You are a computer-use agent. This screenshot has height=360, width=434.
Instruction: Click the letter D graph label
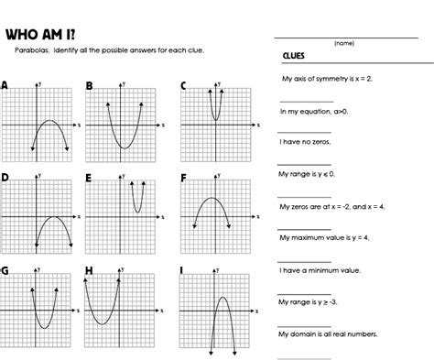click(x=5, y=176)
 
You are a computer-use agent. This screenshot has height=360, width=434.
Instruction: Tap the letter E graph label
click(x=89, y=177)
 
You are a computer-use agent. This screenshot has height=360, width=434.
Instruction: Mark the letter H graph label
click(x=89, y=270)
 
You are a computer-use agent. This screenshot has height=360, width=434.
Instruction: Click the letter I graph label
click(x=183, y=270)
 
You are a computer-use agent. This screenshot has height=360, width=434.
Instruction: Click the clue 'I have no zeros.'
click(x=306, y=142)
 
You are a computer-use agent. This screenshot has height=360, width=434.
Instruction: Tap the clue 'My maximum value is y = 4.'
click(x=325, y=237)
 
